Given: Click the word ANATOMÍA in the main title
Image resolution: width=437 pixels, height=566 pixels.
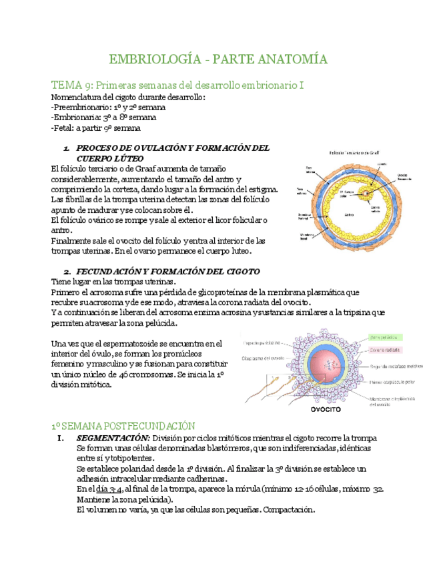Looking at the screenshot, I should coord(291,60).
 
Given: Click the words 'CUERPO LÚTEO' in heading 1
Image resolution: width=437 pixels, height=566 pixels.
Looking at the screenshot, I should coord(110,159).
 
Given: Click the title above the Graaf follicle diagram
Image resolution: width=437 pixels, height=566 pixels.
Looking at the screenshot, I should coord(354,153).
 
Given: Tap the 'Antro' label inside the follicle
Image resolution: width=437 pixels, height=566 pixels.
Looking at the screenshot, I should coord(348,216).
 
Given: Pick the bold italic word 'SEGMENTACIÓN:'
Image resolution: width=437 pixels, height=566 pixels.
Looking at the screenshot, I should coord(113,438).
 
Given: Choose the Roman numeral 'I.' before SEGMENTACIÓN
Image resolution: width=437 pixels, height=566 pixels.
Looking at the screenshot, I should coord(61,438).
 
